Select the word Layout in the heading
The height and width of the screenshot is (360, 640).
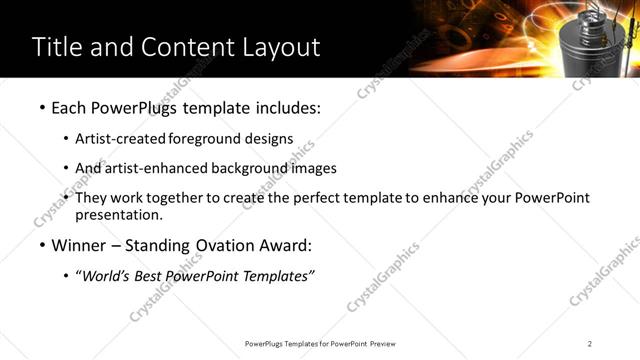tap(275, 47)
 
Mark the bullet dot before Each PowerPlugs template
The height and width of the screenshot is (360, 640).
tap(41, 107)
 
